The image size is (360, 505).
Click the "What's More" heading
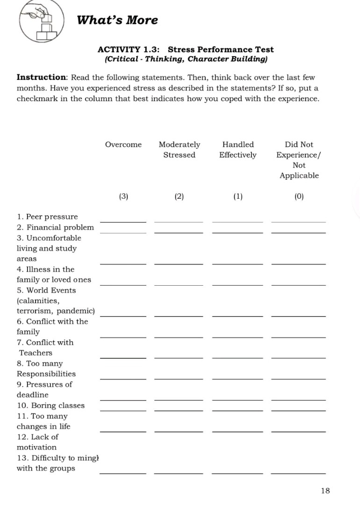click(x=117, y=20)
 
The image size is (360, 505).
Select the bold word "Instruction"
click(x=42, y=77)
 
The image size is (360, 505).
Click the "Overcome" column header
click(x=123, y=144)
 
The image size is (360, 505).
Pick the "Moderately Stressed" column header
click(x=179, y=150)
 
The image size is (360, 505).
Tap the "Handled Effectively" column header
click(x=238, y=150)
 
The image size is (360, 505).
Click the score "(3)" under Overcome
click(x=123, y=196)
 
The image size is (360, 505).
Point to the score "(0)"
click(x=299, y=196)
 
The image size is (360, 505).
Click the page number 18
click(x=325, y=491)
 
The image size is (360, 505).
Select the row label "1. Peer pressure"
click(x=47, y=216)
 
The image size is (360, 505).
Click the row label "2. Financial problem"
click(x=55, y=227)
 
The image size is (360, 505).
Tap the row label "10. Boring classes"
click(x=50, y=405)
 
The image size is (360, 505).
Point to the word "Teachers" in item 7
click(x=36, y=353)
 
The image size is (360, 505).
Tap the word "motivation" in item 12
click(x=36, y=447)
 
